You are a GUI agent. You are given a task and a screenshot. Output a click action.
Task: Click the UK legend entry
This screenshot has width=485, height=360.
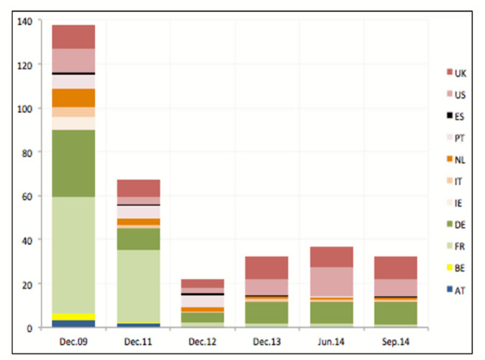456,72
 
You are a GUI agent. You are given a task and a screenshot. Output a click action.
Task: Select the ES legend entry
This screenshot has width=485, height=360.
456,115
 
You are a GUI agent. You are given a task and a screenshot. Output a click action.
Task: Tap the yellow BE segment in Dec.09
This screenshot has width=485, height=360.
73,317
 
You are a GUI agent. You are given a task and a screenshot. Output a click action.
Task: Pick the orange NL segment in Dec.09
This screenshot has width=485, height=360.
73,98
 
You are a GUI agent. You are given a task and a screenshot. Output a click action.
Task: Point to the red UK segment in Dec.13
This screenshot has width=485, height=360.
267,268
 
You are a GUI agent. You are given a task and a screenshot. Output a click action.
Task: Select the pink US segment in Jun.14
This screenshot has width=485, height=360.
332,282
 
